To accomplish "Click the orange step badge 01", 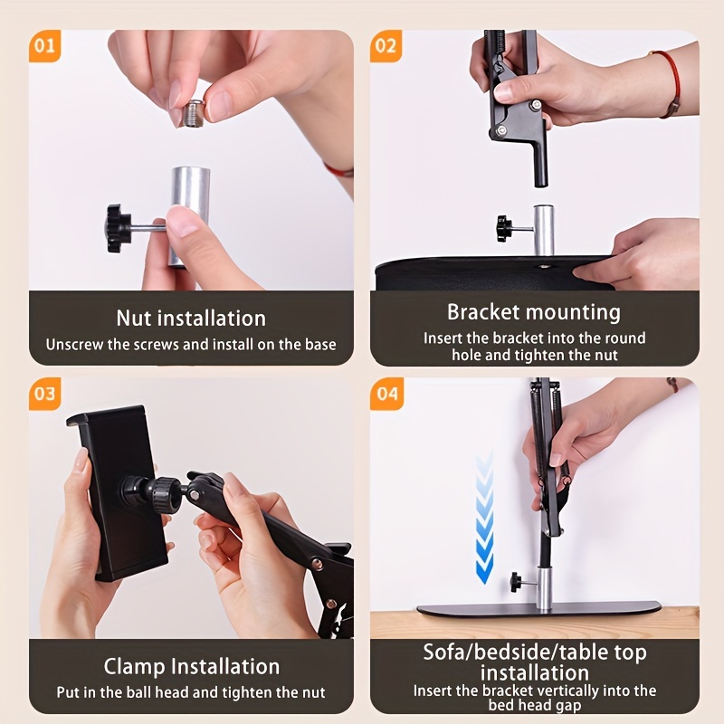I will coord(43,46).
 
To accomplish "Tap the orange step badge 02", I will coord(386,46).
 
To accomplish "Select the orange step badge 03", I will coord(43,394).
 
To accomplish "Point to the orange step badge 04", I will coord(386,394).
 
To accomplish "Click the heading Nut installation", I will coord(191,318).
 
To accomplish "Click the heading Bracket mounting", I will coord(534,312).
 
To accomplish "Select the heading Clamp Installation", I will coord(191,667).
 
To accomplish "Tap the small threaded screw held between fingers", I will coord(192,113).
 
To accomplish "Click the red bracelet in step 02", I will coord(670,83).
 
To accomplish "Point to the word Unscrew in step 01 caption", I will coord(75,344).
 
